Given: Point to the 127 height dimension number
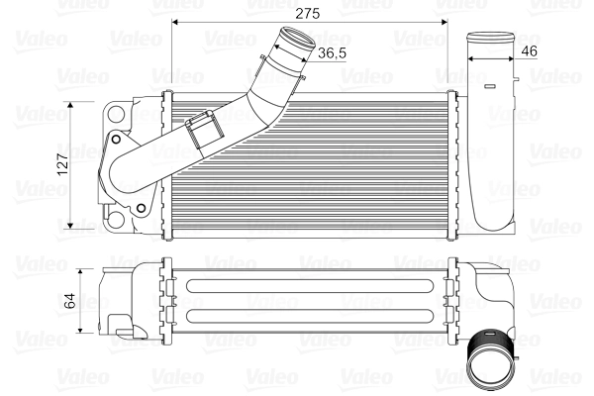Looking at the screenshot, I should coord(62,165).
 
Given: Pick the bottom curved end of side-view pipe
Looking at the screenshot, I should coord(489,223).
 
